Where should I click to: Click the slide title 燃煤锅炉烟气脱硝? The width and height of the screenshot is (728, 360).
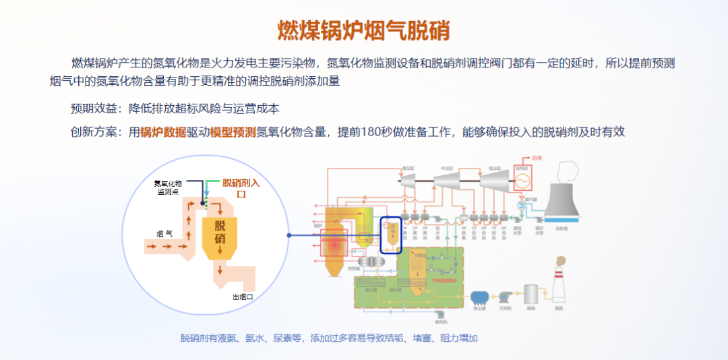364,30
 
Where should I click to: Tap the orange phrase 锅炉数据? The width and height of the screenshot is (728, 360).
164,133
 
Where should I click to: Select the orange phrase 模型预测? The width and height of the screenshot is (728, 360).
233,133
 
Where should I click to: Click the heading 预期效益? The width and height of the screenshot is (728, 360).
94,109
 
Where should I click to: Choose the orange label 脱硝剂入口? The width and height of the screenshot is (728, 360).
241,187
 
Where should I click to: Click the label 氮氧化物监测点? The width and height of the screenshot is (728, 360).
168,187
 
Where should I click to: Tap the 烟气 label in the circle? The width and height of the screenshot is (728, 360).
164,234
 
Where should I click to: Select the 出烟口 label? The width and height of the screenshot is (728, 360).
243,297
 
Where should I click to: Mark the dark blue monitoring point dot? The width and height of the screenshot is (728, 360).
202,203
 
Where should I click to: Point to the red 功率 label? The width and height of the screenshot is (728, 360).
537,160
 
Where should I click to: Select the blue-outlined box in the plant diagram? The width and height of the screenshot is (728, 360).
391,235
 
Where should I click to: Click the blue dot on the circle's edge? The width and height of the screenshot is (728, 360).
289,235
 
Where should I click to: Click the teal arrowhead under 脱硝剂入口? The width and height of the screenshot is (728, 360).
208,194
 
